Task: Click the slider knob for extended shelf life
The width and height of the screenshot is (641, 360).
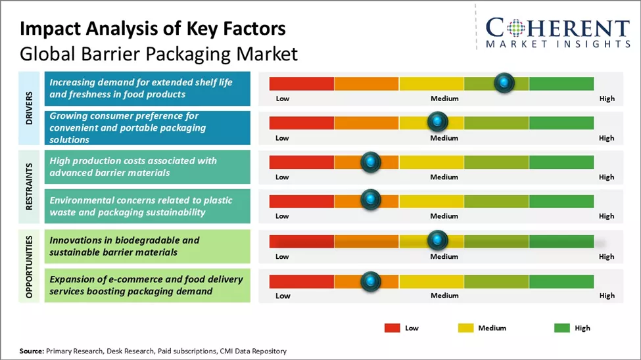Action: pyautogui.click(x=504, y=83)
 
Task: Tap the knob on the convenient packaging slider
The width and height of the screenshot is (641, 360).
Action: pyautogui.click(x=437, y=122)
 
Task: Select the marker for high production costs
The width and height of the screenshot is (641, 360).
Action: pyautogui.click(x=371, y=162)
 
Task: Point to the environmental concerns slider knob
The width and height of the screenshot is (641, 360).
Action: pyautogui.click(x=371, y=200)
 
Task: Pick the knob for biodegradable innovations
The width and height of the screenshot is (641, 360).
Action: pyautogui.click(x=437, y=240)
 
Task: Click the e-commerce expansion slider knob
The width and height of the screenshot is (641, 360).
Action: pyautogui.click(x=371, y=281)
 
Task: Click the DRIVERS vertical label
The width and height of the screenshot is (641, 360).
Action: pyautogui.click(x=30, y=108)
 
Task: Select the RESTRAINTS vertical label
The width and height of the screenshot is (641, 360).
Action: pyautogui.click(x=30, y=187)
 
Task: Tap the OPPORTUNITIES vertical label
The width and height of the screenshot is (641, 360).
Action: pyautogui.click(x=30, y=266)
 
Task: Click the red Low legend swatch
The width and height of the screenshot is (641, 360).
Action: pyautogui.click(x=392, y=328)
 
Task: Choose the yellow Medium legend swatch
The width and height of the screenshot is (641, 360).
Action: pyautogui.click(x=465, y=328)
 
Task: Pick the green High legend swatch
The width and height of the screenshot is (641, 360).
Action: pyautogui.click(x=562, y=328)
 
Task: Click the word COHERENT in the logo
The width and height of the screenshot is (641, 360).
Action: pyautogui.click(x=558, y=28)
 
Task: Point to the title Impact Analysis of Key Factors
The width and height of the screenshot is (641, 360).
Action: pyautogui.click(x=153, y=29)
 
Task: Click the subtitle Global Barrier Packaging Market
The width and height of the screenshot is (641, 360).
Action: pyautogui.click(x=158, y=53)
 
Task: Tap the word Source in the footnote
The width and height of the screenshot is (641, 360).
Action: pyautogui.click(x=31, y=351)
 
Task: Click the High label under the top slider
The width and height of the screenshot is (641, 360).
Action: pyautogui.click(x=607, y=99)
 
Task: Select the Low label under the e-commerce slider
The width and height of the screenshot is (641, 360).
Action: pyautogui.click(x=283, y=296)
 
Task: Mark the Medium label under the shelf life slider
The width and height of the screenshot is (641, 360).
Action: pyautogui.click(x=444, y=99)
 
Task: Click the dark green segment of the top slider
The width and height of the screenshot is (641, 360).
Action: pyautogui.click(x=561, y=83)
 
